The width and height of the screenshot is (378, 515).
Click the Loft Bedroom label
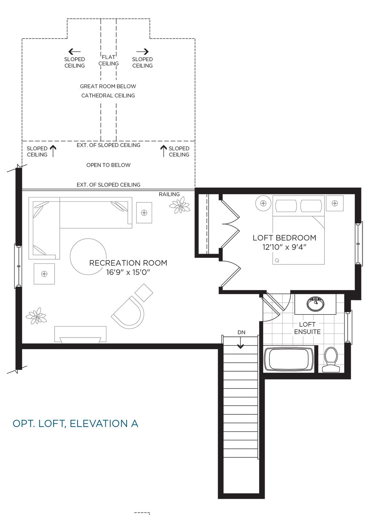[285, 238]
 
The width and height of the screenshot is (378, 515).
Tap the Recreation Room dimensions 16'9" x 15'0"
[128, 272]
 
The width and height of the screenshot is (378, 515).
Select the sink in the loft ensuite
[315, 303]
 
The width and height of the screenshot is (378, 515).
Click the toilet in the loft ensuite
[331, 360]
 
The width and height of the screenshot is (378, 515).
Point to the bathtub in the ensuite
[289, 359]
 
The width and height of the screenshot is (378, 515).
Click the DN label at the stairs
[241, 332]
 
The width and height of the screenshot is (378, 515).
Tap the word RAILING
[169, 194]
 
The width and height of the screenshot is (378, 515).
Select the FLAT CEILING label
[109, 60]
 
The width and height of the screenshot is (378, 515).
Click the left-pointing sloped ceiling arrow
[75, 51]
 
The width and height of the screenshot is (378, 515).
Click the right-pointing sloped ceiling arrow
[142, 51]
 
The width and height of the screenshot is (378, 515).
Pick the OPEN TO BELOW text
[109, 165]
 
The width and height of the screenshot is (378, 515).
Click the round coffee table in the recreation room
[88, 256]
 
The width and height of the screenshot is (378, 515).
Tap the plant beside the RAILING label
[180, 205]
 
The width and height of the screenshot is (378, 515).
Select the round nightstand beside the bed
[263, 203]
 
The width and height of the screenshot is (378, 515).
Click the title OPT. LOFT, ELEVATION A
[75, 423]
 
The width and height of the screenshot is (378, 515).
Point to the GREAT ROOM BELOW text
[108, 87]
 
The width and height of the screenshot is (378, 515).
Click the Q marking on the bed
[277, 260]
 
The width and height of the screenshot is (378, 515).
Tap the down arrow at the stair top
[240, 343]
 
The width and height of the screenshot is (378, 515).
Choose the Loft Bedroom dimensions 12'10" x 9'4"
[285, 247]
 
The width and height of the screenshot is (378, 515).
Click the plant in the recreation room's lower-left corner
[36, 316]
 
